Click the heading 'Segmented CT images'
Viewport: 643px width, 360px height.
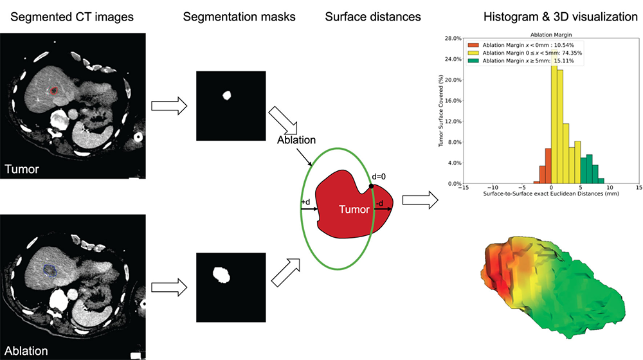coord(72,17)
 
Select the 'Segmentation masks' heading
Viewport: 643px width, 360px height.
coord(239,17)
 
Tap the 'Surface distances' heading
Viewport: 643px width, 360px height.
coord(373,17)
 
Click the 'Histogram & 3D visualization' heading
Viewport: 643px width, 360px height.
coord(560,17)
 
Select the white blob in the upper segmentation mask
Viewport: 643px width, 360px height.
coord(226,96)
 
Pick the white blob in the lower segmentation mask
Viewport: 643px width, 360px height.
coord(221,274)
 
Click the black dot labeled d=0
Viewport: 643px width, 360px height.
coord(371,186)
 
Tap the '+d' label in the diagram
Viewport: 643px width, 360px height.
coord(305,202)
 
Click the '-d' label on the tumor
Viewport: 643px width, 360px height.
coord(380,203)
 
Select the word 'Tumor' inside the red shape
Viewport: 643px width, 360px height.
coord(354,210)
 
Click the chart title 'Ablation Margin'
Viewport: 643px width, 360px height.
coord(551,35)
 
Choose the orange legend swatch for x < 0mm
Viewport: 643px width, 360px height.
coord(473,45)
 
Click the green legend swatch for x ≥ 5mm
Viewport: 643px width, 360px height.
coord(473,60)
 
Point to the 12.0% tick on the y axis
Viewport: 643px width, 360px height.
coord(453,122)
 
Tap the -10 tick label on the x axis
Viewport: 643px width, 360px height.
coord(493,188)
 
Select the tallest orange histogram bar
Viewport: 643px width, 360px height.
coord(548,166)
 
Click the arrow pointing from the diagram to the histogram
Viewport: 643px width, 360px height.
coord(421,200)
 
